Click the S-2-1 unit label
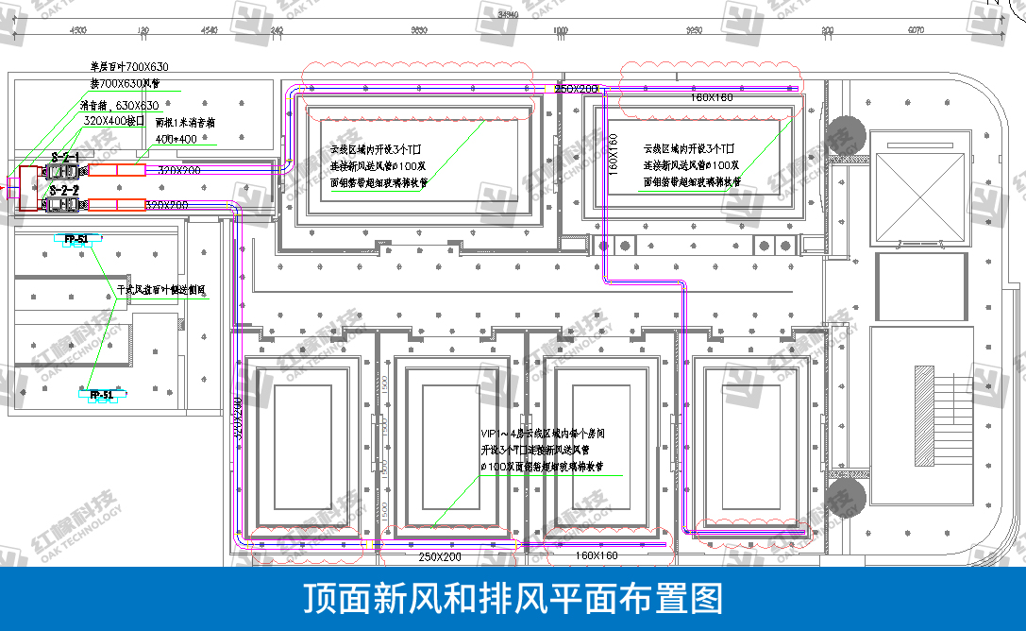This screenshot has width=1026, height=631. (65, 157)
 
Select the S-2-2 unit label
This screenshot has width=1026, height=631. (64, 190)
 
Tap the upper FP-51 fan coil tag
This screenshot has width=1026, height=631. (76, 239)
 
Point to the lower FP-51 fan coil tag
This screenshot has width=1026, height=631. (101, 394)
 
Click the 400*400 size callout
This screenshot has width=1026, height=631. (177, 139)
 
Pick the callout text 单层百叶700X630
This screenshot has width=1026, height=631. (129, 67)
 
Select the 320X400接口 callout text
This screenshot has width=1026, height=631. (113, 121)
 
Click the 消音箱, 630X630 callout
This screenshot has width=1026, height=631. (119, 105)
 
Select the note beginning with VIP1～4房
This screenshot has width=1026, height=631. (542, 451)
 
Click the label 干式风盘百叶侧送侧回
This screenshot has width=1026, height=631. (161, 290)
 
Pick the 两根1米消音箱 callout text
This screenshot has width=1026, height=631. (186, 122)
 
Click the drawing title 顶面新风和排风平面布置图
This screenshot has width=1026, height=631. (513, 599)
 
